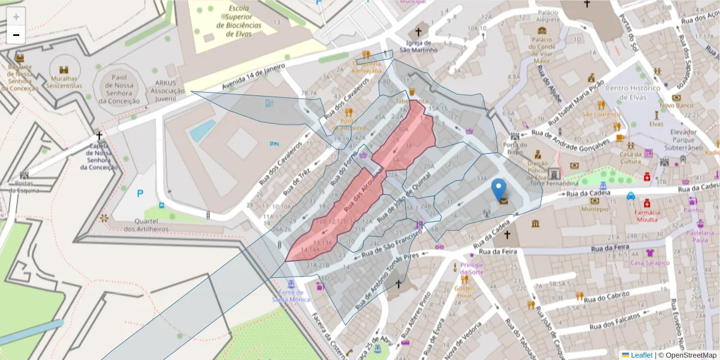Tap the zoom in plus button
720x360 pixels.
click(16, 16)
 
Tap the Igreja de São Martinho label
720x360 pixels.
click(418, 46)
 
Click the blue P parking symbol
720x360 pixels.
click(140, 193)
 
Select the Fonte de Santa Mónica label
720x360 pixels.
click(291, 295)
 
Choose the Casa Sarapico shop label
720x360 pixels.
click(649, 263)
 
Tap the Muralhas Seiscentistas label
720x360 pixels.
click(66, 82)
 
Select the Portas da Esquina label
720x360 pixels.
click(24, 187)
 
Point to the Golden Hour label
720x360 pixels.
click(464, 292)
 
